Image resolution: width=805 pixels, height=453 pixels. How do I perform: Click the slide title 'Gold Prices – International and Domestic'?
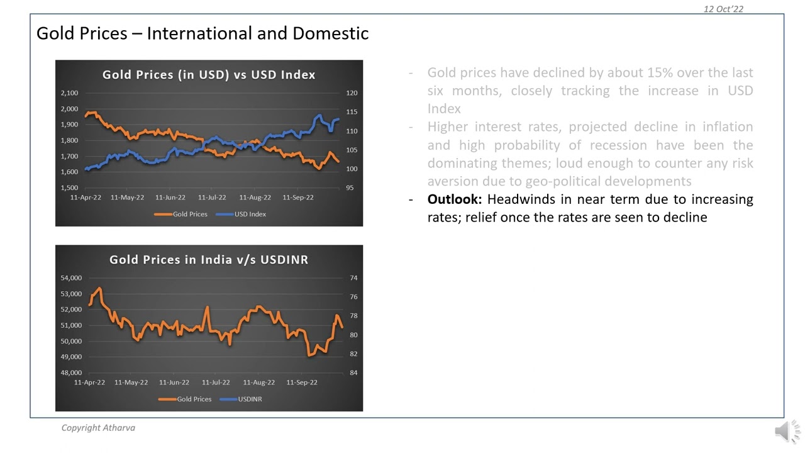pos(202,33)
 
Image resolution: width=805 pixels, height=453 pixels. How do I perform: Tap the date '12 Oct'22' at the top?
pos(723,9)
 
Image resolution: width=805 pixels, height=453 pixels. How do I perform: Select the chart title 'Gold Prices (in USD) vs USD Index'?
pos(209,75)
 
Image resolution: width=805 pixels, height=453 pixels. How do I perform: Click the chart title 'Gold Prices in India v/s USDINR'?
pos(209,260)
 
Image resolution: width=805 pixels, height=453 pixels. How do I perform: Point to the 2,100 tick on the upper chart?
pos(69,93)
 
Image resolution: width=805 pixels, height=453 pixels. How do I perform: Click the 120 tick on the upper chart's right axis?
pos(352,93)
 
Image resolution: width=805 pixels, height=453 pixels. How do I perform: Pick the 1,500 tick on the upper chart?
pos(69,188)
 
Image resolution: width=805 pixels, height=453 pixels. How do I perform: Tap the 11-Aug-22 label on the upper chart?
pos(255,198)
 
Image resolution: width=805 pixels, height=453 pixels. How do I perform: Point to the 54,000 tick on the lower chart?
pos(71,278)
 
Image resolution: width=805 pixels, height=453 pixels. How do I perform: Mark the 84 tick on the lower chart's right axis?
pos(353,373)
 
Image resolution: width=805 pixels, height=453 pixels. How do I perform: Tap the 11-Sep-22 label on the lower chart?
pos(302,383)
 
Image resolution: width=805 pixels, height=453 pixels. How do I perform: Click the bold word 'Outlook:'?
pos(454,199)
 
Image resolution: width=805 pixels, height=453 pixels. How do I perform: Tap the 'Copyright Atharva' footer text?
pos(98,428)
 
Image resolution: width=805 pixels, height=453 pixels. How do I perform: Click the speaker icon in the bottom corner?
pos(786,432)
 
